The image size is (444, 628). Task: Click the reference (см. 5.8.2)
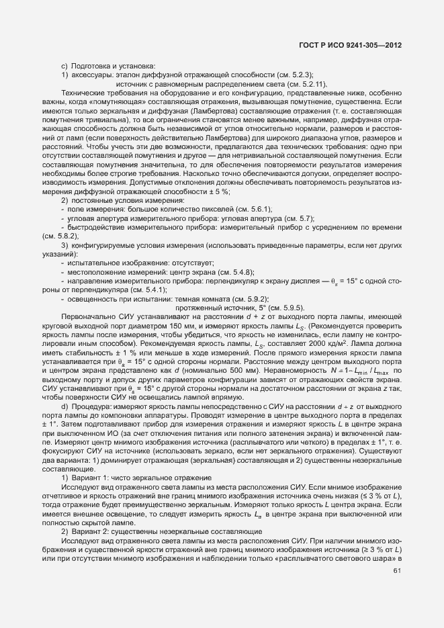point(60,255)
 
